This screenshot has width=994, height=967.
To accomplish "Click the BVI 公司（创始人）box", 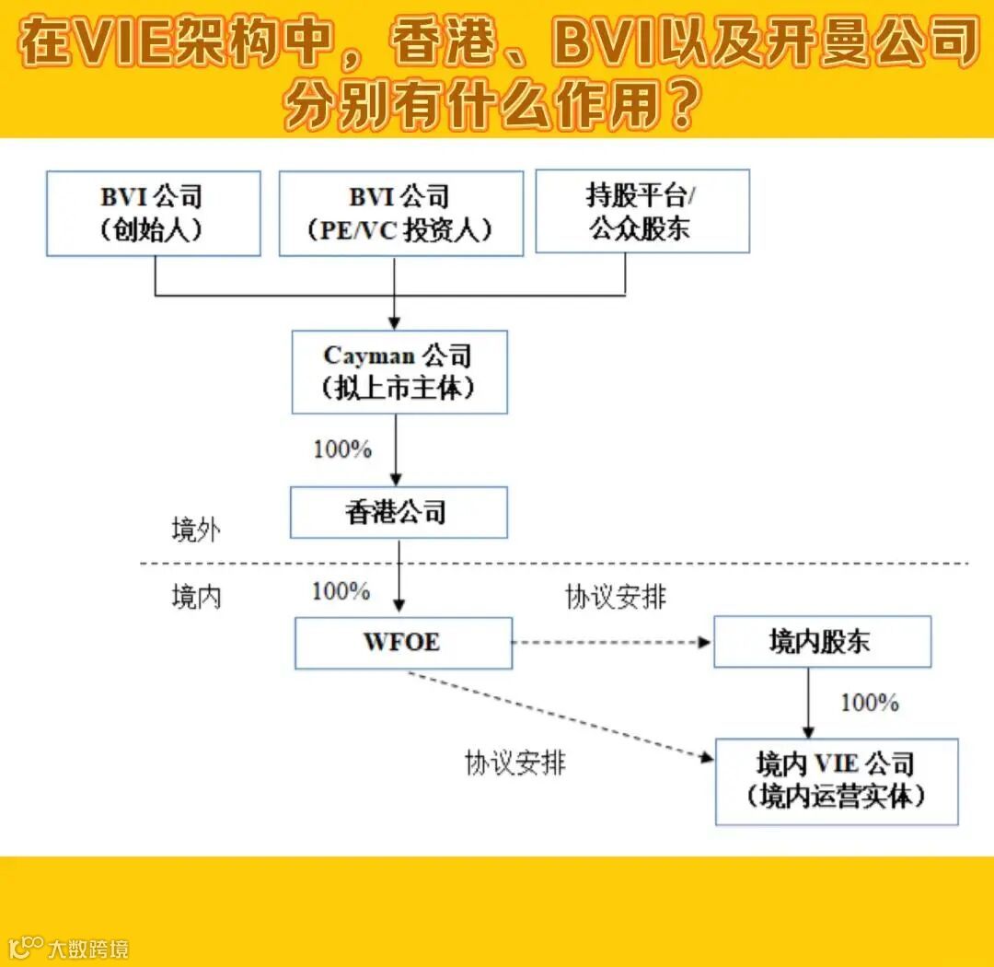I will click(153, 213).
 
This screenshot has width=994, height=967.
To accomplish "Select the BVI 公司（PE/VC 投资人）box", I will click(400, 213).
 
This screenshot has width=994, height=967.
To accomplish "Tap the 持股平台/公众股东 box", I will click(641, 211).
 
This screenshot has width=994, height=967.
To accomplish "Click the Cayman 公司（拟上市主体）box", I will click(399, 371).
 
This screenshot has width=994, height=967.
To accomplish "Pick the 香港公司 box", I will click(399, 512).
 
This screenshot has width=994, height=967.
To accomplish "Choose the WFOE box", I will click(403, 642).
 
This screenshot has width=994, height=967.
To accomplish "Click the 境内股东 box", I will click(822, 642).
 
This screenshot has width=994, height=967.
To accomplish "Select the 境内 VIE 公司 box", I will click(836, 780).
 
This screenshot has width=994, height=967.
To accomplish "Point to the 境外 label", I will click(196, 530).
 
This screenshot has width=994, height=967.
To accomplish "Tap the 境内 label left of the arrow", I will click(196, 597).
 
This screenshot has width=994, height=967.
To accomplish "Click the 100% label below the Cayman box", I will click(342, 449).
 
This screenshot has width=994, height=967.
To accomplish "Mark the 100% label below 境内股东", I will click(869, 703).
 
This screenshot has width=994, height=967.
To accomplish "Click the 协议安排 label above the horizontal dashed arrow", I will click(615, 597).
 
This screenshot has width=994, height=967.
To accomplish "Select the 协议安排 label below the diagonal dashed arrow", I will click(514, 763).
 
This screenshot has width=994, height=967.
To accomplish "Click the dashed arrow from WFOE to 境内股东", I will click(612, 643).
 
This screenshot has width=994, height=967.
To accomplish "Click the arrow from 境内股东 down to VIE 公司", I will click(809, 703).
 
